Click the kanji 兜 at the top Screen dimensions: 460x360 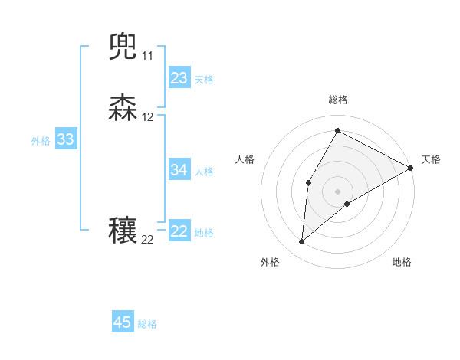click(123, 47)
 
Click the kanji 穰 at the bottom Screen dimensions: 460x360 click(123, 231)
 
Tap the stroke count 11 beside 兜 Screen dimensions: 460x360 click(147, 56)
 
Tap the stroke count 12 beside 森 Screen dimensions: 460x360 click(147, 117)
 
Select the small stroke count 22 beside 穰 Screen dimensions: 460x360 click(147, 240)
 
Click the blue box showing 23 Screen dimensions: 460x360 click(179, 78)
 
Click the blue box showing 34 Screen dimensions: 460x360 click(179, 170)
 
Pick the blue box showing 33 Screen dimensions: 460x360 click(65, 139)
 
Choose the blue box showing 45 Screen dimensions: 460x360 click(123, 322)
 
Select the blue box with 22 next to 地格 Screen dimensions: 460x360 click(179, 231)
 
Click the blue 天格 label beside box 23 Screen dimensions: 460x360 click(204, 80)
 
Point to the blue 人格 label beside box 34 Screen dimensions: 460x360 click(204, 172)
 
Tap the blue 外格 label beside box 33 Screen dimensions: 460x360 click(41, 141)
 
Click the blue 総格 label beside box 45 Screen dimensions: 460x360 click(147, 324)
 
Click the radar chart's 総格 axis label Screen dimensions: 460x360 click(337, 100)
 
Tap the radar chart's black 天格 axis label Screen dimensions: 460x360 click(431, 159)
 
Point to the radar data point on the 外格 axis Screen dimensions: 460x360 click(301, 242)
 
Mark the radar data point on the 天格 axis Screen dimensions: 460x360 click(412, 169)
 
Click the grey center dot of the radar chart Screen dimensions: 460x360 click(337, 191)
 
